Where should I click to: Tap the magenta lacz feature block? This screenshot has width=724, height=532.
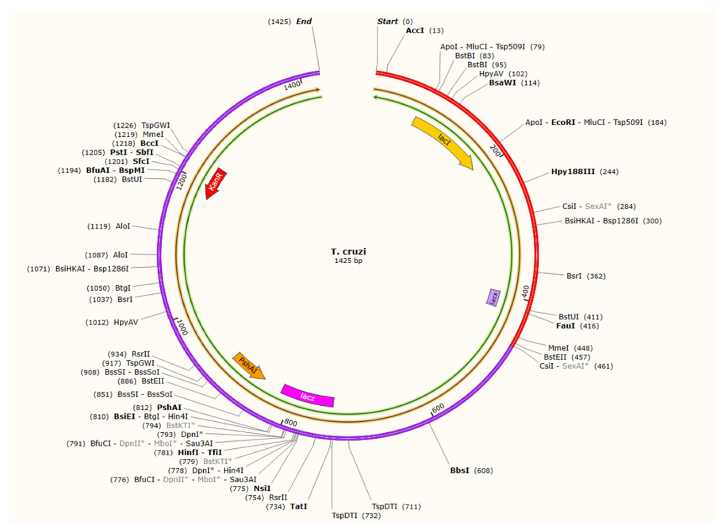point(307,396)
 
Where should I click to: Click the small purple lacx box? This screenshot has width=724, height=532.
point(493,297)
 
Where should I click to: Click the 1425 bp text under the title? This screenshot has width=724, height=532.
point(349,260)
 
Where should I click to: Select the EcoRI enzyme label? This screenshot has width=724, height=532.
point(563,122)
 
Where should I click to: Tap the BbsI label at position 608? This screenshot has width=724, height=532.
point(460,470)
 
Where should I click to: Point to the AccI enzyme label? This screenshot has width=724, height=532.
point(415,30)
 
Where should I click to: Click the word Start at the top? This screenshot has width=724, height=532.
point(387,21)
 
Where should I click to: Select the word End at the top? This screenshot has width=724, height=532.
point(304,21)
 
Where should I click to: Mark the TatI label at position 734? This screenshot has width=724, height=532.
point(299,506)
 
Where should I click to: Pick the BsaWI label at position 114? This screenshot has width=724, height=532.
point(502,83)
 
